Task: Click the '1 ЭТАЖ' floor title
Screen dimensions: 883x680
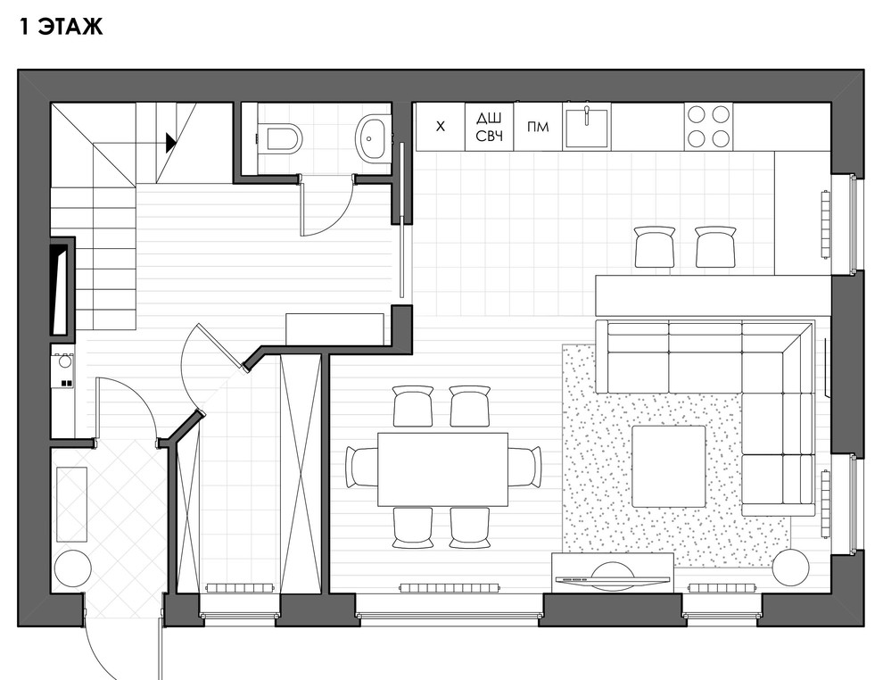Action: [x=62, y=27]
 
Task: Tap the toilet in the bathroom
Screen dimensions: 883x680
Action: [x=279, y=137]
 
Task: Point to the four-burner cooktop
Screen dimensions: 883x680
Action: [x=708, y=126]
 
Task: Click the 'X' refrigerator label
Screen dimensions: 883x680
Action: [x=441, y=126]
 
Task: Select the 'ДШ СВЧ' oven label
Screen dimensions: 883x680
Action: [x=490, y=127]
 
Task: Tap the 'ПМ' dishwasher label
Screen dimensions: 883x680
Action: [x=538, y=127]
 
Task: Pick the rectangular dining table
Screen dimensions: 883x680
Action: [x=442, y=469]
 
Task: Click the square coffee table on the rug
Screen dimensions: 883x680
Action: [x=668, y=467]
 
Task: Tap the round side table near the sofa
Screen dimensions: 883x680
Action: [x=790, y=568]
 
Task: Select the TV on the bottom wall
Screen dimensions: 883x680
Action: [x=612, y=578]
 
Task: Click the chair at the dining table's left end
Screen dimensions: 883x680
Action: [x=361, y=467]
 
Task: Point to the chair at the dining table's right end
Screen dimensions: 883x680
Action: [x=524, y=466]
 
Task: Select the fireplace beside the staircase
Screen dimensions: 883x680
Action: [x=62, y=289]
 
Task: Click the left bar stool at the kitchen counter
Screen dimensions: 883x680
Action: [x=655, y=246]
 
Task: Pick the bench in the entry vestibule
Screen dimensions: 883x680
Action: [x=71, y=504]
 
